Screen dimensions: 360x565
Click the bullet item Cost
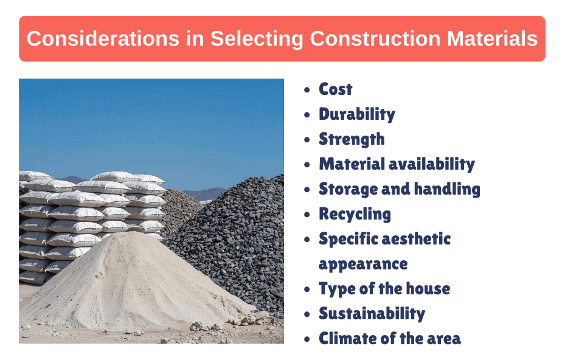[336, 89]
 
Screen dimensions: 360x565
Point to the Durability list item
[357, 114]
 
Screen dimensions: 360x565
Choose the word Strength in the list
[352, 139]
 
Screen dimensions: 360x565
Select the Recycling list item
[355, 214]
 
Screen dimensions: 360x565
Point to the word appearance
[363, 264]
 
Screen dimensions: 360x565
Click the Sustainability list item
[372, 314]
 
